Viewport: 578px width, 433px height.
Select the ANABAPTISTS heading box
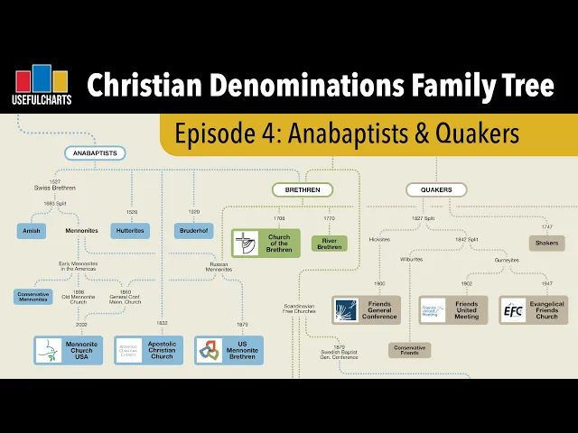pos(94,153)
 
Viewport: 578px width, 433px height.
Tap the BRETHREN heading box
pos(303,189)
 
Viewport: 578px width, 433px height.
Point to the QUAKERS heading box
pos(436,189)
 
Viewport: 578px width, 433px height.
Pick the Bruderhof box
pos(193,231)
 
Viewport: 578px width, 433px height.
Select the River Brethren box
pos(330,243)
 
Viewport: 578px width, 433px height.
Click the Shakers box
pos(547,243)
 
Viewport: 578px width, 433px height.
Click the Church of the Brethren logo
pos(246,244)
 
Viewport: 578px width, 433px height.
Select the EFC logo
pos(513,310)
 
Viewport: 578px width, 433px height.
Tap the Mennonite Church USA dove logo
pos(49,350)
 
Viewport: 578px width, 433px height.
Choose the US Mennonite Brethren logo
pos(209,350)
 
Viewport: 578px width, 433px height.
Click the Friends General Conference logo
pos(347,310)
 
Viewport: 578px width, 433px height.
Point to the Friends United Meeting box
pos(452,310)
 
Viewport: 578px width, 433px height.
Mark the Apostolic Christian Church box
pos(148,350)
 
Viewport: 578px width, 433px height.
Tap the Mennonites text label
pos(81,231)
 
